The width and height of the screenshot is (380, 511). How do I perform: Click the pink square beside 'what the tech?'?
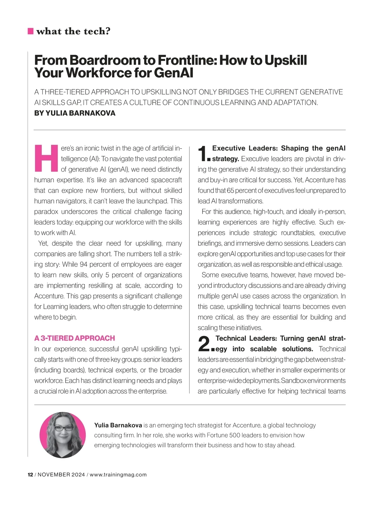pos(31,31)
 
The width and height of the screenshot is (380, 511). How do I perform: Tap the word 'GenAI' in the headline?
pos(174,73)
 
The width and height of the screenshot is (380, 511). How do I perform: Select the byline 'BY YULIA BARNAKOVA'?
pos(75,113)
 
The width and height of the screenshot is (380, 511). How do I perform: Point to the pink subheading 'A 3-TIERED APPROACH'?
pos(74,338)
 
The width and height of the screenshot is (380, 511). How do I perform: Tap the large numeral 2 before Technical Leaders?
pos(204,344)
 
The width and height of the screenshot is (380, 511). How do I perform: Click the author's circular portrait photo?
pos(63,435)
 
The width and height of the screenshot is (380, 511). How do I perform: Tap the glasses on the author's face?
pos(64,428)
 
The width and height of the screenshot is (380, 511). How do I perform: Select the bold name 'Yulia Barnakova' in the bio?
pos(118,425)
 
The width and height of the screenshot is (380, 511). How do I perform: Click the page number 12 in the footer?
pos(30,475)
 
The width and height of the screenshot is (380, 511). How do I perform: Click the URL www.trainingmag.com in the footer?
pos(118,475)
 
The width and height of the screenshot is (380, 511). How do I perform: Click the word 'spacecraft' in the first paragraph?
pos(167,180)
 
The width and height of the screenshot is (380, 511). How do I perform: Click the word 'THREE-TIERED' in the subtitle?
pos(65,92)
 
